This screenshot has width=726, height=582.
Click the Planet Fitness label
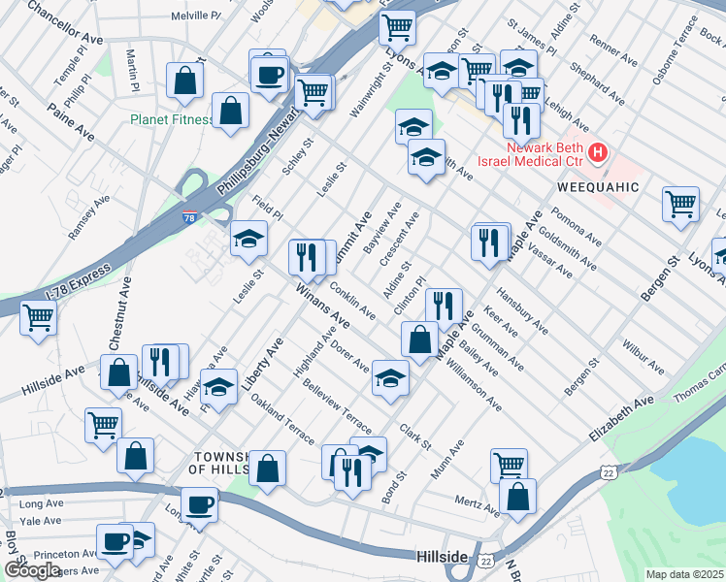(x=172, y=120)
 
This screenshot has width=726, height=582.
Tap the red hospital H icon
(x=598, y=152)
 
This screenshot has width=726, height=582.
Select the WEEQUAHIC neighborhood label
(x=598, y=185)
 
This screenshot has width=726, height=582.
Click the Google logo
(x=32, y=570)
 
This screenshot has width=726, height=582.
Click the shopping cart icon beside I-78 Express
(x=39, y=315)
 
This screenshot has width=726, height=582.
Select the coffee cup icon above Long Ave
(x=200, y=503)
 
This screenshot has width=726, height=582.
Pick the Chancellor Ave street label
(x=66, y=23)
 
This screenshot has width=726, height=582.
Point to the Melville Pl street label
(x=196, y=16)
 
